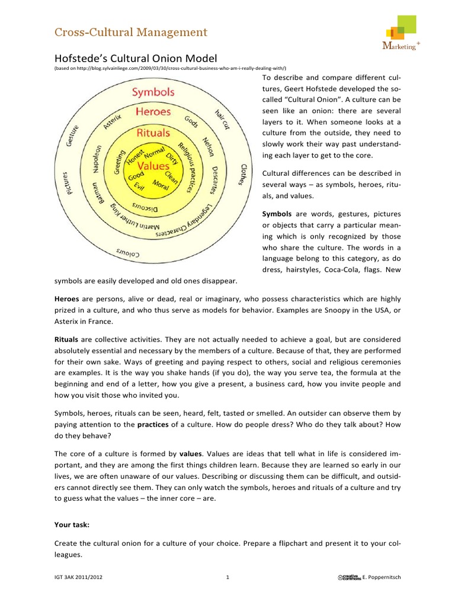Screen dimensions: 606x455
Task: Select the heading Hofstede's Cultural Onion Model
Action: [x=136, y=58]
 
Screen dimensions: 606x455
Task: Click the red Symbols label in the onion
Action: [x=153, y=92]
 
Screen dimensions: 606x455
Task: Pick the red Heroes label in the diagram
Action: [x=153, y=111]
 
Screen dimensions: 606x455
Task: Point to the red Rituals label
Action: [x=153, y=133]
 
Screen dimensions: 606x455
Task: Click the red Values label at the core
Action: [x=153, y=166]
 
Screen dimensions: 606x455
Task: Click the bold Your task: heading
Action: [x=72, y=524]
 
